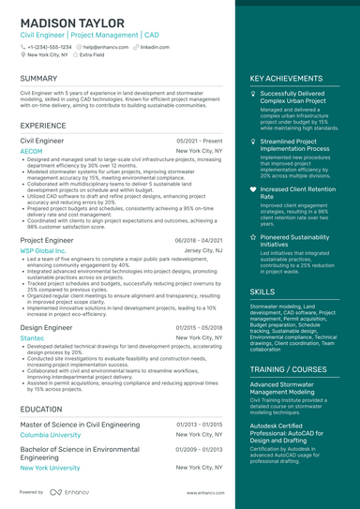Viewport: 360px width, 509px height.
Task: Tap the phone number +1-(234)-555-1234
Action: pyautogui.click(x=49, y=46)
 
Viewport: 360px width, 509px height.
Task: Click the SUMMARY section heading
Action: pyautogui.click(x=38, y=79)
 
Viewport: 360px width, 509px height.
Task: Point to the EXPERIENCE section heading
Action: pyautogui.click(x=43, y=125)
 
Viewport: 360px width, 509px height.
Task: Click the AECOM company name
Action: pyautogui.click(x=31, y=151)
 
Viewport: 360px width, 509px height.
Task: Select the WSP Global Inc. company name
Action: pyautogui.click(x=43, y=251)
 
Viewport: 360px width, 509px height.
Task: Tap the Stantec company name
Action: pyautogui.click(x=32, y=337)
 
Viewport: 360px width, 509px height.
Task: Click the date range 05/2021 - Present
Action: pyautogui.click(x=200, y=140)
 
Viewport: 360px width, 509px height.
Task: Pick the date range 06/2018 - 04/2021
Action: pyautogui.click(x=199, y=241)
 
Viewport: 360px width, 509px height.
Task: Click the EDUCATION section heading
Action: pyautogui.click(x=41, y=410)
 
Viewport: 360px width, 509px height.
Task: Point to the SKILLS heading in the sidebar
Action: pyautogui.click(x=262, y=292)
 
